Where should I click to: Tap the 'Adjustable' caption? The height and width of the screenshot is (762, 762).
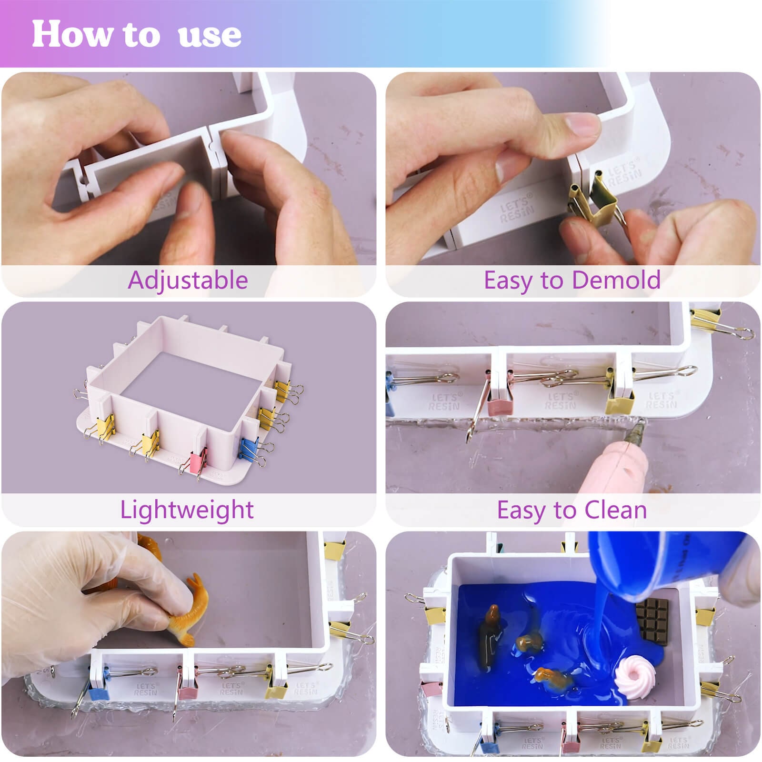(x=188, y=280)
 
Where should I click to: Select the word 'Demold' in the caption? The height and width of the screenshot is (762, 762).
(x=619, y=280)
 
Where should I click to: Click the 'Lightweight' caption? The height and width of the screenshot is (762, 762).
(x=187, y=510)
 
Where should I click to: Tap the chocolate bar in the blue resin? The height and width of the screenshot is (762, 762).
(x=653, y=620)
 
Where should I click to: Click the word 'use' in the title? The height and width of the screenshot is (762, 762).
(x=210, y=34)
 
